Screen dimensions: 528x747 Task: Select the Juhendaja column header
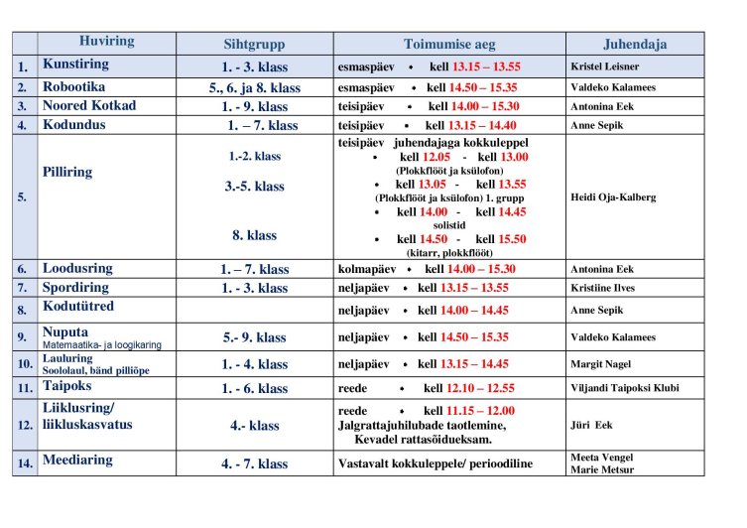pos(635,45)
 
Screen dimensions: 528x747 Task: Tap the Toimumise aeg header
pos(449,45)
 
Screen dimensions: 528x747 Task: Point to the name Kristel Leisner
pos(606,66)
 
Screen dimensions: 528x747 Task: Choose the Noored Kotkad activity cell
pos(88,105)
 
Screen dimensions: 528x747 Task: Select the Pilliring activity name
pos(67,172)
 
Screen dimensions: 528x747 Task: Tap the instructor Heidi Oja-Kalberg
pos(613,197)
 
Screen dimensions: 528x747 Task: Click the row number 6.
pos(23,269)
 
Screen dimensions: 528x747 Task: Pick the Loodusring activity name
pos(77,268)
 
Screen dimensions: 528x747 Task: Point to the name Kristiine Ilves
pos(603,288)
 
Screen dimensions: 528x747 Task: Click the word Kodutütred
pos(78,307)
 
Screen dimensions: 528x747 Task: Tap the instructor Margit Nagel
pos(600,364)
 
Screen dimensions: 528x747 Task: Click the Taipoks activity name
pos(68,386)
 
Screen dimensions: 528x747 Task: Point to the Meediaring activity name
pos(77,460)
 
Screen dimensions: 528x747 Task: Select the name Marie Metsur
pos(601,469)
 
